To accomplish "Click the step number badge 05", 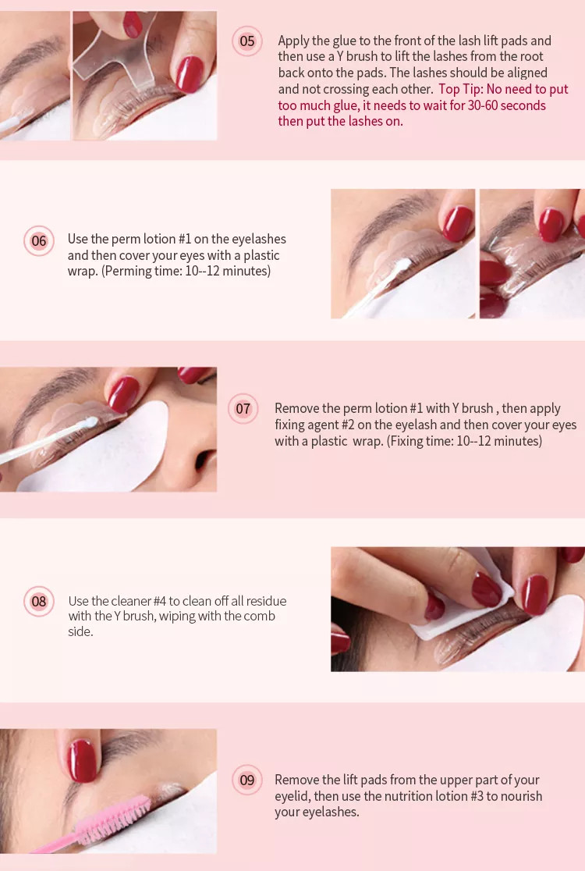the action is tap(247, 41).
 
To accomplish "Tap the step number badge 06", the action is tap(39, 240).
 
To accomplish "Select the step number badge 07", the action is tap(243, 409).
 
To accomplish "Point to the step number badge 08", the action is tap(39, 601).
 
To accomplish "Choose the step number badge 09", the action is tap(247, 780).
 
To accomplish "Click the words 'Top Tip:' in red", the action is tap(461, 89).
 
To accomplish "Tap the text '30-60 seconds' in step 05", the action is tap(507, 105).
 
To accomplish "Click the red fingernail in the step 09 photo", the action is tap(82, 760).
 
